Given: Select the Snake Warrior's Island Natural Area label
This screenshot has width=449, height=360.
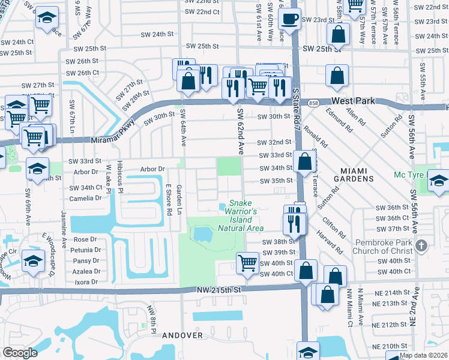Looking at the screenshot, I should pyautogui.click(x=241, y=215).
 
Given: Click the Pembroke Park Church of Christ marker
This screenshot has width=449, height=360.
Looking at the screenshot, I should pyautogui.click(x=422, y=245).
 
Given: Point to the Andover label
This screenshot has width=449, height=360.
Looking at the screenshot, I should pyautogui.click(x=182, y=335).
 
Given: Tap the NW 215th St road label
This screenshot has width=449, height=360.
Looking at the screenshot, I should pyautogui.click(x=218, y=290).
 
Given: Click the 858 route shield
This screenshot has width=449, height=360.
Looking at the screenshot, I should pyautogui.click(x=314, y=103).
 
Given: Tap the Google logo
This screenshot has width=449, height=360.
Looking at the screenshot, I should pyautogui.click(x=20, y=353).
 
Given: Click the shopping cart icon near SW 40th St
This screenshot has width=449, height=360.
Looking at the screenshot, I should pyautogui.click(x=247, y=262).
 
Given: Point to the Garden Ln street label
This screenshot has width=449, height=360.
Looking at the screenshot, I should pyautogui.click(x=179, y=197).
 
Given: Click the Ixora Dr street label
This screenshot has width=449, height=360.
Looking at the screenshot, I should pyautogui.click(x=86, y=281).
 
